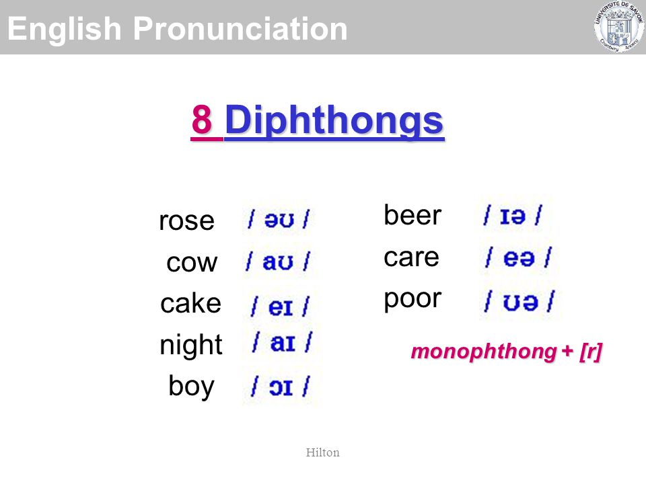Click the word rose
186,221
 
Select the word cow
192,262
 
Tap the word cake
190,303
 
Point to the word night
190,345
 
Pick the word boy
192,386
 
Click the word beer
412,215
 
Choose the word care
411,257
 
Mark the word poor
412,300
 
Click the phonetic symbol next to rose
279,218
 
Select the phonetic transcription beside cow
278,261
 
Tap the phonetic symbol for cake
281,307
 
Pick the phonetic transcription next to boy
281,387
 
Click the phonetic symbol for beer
513,215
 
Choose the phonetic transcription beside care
519,257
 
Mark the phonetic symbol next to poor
519,301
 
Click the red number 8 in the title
202,120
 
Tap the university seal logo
619,27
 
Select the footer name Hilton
322,452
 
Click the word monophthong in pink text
484,352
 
